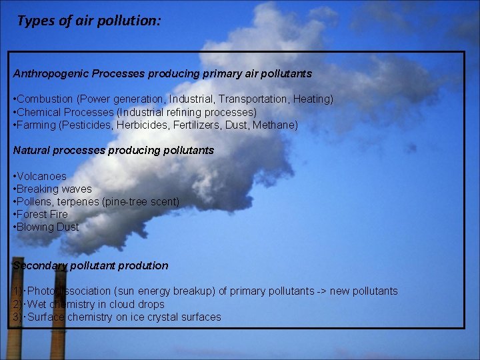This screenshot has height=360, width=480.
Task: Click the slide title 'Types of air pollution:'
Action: point(88,21)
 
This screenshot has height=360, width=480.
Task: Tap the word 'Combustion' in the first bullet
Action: point(45,99)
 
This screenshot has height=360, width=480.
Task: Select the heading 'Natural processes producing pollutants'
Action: point(113,151)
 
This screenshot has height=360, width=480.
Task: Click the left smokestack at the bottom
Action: point(14,333)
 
